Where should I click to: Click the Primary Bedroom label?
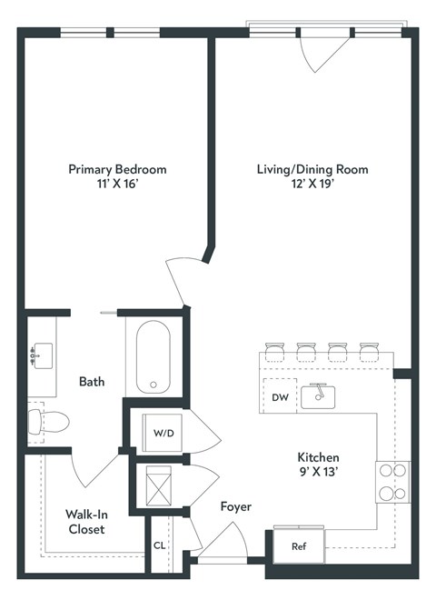(118, 169)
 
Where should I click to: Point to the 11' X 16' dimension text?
(118, 185)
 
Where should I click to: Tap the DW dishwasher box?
(279, 397)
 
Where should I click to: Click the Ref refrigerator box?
(297, 546)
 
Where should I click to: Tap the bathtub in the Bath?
(154, 357)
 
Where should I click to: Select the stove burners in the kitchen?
(392, 483)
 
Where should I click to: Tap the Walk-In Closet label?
(84, 521)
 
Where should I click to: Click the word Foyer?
(235, 506)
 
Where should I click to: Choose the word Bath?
(91, 382)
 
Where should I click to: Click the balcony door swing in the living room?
(320, 55)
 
